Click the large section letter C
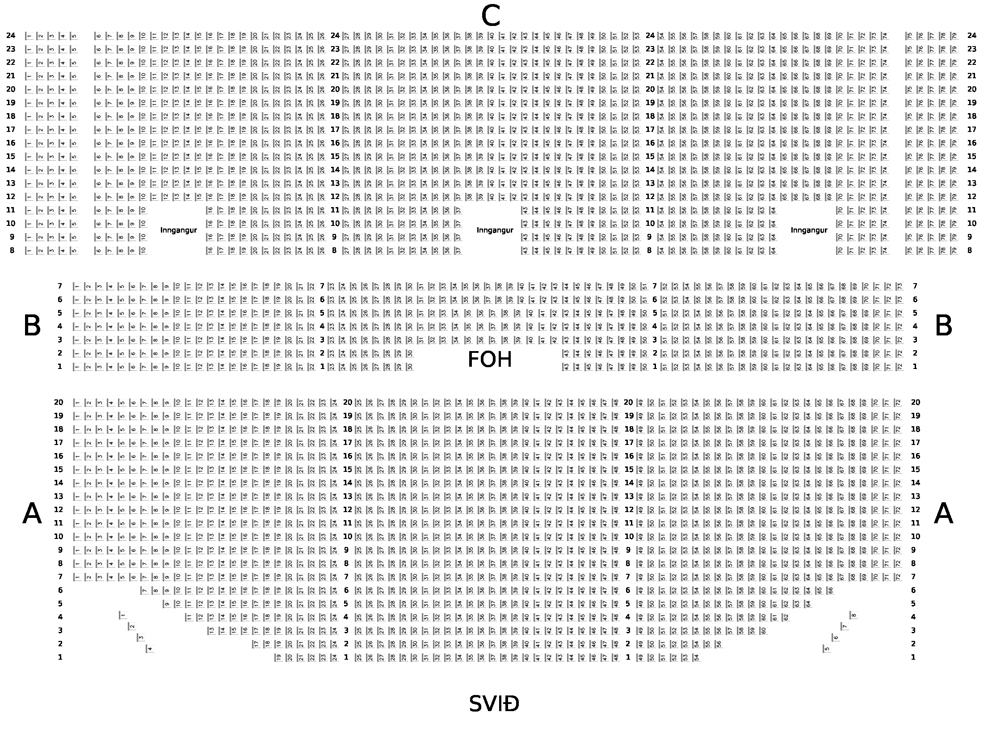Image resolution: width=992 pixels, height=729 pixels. pos(490,17)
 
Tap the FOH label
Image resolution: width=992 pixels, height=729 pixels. pos(489,360)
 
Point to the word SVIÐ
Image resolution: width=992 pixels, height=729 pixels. pos(494,704)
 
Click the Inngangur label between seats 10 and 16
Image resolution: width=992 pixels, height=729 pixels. pos(178,230)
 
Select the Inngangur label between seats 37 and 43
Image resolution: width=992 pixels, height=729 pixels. pos(495,230)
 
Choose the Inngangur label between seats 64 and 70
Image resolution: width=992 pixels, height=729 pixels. pos(809,230)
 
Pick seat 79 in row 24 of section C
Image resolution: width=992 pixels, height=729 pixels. pos(954,36)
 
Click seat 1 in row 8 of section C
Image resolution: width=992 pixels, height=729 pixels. pos(29,250)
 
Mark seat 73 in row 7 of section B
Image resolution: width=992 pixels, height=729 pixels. pos(899,286)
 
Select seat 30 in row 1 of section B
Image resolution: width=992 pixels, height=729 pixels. pos(410,367)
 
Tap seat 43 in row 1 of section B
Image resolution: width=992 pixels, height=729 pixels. pos(566,367)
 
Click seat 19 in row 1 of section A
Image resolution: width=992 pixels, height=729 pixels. pos(278,657)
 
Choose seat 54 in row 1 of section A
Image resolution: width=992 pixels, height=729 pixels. pos(696,657)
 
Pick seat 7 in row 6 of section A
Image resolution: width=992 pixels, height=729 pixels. pos(144,590)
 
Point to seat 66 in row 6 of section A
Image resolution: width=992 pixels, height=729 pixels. pos(830,590)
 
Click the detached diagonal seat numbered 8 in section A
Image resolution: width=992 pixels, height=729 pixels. pos(853,615)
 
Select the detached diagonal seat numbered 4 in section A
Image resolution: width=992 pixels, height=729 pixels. pos(150,648)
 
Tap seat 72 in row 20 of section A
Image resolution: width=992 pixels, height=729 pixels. pos(897,403)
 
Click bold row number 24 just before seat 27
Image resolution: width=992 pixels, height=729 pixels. pos(335,36)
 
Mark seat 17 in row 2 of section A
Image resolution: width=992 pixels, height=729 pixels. pos(256,644)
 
